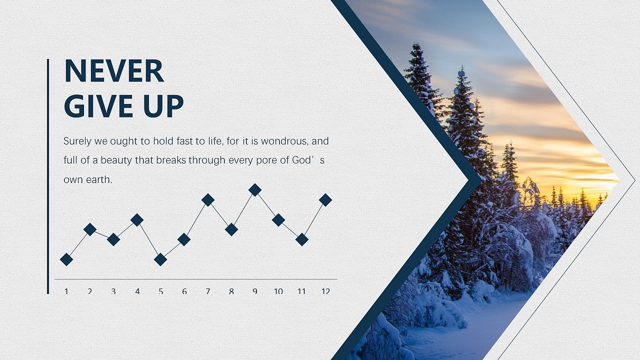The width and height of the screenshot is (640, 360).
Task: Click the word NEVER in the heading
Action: [114, 71]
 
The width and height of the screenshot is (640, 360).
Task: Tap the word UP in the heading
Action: [163, 106]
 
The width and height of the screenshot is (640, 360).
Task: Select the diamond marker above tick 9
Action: [255, 189]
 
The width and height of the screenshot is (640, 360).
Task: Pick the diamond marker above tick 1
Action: [66, 259]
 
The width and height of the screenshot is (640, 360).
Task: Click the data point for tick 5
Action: [160, 259]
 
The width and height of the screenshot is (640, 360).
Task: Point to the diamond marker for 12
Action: [325, 199]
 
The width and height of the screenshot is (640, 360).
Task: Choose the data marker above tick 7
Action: [208, 199]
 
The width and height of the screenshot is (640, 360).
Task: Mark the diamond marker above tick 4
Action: [137, 219]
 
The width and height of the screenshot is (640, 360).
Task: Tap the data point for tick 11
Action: [302, 239]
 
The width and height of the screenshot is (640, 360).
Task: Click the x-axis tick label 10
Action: [278, 291]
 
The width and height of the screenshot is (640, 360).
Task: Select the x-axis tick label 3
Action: [113, 291]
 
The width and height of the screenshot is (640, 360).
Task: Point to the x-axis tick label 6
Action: [184, 291]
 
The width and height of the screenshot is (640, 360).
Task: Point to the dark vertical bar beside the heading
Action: [48, 176]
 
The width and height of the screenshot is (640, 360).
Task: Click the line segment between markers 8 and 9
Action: [243, 209]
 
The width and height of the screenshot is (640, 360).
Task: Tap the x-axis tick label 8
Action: [231, 291]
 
